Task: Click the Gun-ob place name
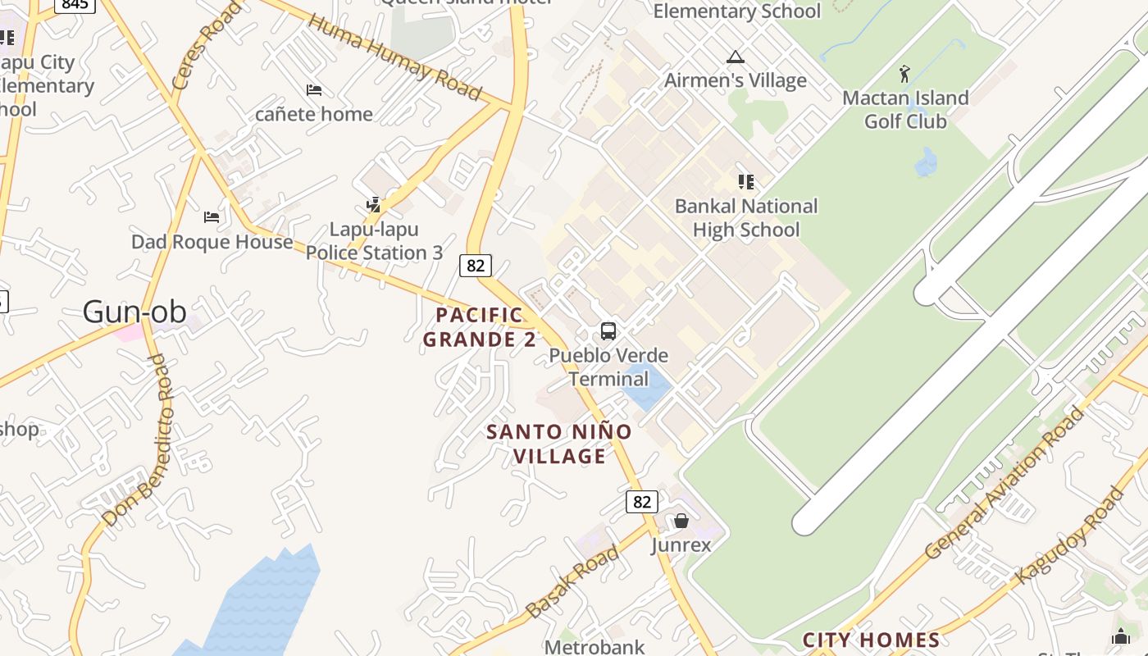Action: (134, 312)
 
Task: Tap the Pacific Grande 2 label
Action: (480, 326)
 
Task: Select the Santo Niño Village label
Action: (559, 444)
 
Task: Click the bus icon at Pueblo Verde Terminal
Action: (608, 331)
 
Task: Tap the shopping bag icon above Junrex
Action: (681, 521)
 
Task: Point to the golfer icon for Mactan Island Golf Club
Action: (904, 74)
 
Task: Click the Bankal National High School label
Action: (745, 218)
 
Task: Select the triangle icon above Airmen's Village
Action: (735, 57)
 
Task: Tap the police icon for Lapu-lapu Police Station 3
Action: (374, 205)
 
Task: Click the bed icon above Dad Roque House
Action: (212, 217)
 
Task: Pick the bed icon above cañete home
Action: (313, 89)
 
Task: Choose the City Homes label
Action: (871, 640)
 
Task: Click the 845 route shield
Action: (75, 5)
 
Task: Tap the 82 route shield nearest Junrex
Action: (641, 501)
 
